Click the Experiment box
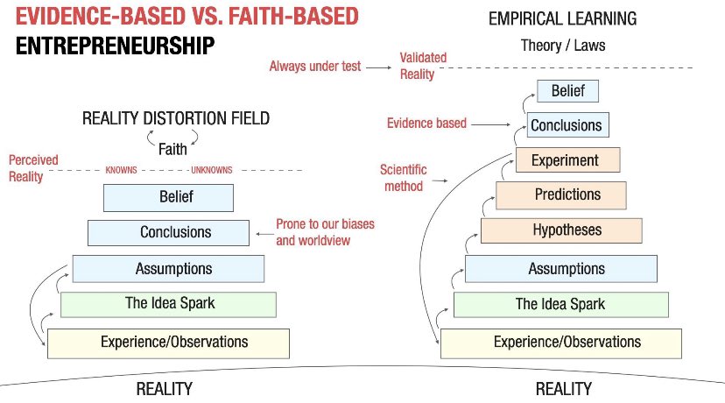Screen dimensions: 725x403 (x=567, y=160)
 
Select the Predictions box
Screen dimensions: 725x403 (x=561, y=195)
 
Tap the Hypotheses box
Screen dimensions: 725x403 (x=561, y=230)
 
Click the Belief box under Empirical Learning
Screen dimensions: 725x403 (x=567, y=91)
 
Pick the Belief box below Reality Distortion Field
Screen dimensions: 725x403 (x=168, y=198)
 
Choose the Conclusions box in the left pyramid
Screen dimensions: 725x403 (x=168, y=233)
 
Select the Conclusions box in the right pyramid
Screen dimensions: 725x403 (x=567, y=125)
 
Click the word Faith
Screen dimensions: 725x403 (x=172, y=149)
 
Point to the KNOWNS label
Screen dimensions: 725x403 (x=121, y=170)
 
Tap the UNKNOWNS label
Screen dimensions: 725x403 (x=212, y=170)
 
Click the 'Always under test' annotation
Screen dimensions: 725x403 (x=315, y=67)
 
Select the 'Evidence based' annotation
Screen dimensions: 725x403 (x=426, y=123)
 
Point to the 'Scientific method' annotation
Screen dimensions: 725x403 (x=403, y=178)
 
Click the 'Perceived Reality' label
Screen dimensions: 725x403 (x=33, y=168)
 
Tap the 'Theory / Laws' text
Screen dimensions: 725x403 (x=563, y=46)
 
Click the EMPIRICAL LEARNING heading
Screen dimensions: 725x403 (x=563, y=18)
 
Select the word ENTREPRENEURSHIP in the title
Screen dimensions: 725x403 (x=115, y=46)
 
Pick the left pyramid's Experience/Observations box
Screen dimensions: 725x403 (x=168, y=343)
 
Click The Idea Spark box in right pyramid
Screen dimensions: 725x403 (x=561, y=305)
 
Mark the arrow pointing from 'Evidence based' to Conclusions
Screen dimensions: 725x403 (x=490, y=124)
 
